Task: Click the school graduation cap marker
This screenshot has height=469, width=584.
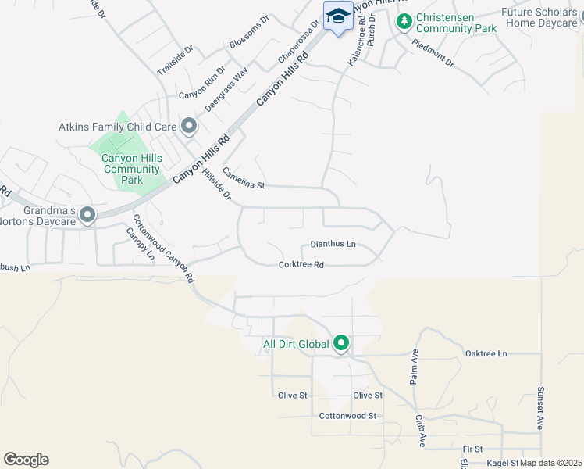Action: click(x=337, y=16)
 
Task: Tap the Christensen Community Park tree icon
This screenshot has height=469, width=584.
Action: click(x=404, y=21)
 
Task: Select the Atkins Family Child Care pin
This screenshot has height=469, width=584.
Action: click(x=189, y=126)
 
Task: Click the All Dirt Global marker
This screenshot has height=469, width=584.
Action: click(x=341, y=343)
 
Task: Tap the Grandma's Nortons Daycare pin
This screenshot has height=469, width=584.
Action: click(x=87, y=214)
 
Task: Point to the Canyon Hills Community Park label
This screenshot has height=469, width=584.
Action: click(x=132, y=169)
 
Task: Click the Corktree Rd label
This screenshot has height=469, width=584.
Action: click(x=301, y=265)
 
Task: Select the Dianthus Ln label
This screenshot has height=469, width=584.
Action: click(x=333, y=245)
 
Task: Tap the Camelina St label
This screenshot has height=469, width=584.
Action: click(x=244, y=179)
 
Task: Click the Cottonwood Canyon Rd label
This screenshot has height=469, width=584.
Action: click(x=162, y=249)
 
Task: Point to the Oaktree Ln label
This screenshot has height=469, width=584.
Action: click(x=486, y=353)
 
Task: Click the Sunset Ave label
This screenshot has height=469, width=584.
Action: click(x=539, y=408)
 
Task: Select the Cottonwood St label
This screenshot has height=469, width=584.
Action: click(x=348, y=416)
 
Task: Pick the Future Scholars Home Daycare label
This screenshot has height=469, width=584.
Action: click(x=539, y=18)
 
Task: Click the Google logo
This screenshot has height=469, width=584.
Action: click(x=26, y=460)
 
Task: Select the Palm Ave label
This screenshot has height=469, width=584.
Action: click(x=415, y=367)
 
